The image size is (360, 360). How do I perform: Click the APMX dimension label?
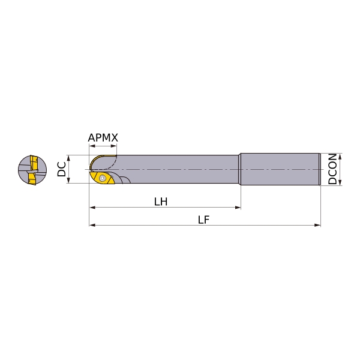pos(103,138)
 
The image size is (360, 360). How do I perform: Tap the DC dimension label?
pos(62,169)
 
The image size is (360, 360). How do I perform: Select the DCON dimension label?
pos(332,169)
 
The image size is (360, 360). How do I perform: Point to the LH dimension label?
pos(161,202)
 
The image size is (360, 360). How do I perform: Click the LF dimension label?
pos(204,220)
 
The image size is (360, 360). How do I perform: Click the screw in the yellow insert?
pos(102,178)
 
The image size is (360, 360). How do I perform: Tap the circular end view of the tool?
pos(32,170)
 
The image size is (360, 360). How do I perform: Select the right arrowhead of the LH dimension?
pos(238,208)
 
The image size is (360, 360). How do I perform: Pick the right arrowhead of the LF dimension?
pos(317,225)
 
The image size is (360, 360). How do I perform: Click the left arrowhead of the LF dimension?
pos(92,225)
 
